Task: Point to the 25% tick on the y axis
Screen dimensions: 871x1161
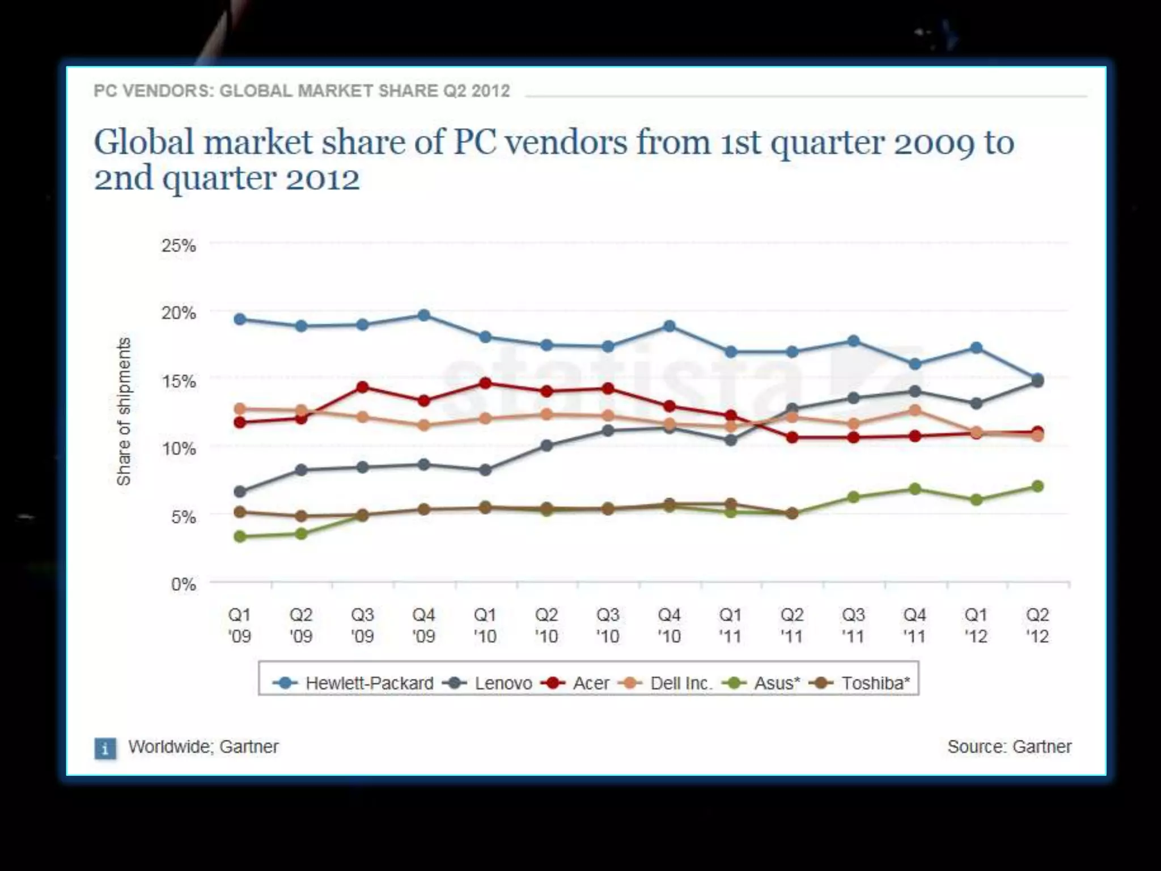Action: [x=179, y=246]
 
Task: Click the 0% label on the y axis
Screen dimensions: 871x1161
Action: [x=183, y=584]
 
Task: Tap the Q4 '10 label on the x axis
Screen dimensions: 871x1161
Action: [x=669, y=625]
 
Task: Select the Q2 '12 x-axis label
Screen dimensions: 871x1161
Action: [x=1037, y=625]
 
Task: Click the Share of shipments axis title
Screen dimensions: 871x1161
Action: [x=124, y=412]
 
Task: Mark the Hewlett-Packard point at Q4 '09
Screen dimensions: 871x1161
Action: [x=424, y=315]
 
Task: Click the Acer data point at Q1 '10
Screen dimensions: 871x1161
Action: [x=485, y=383]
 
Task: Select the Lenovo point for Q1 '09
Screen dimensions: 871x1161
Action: [x=240, y=491]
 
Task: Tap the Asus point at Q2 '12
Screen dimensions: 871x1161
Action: [x=1037, y=487]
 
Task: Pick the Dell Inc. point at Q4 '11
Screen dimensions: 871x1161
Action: [x=915, y=410]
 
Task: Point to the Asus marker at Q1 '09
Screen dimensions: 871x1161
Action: [x=240, y=536]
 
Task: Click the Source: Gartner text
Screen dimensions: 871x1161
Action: [x=1009, y=747]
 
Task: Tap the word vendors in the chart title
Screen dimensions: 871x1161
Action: [x=566, y=142]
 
